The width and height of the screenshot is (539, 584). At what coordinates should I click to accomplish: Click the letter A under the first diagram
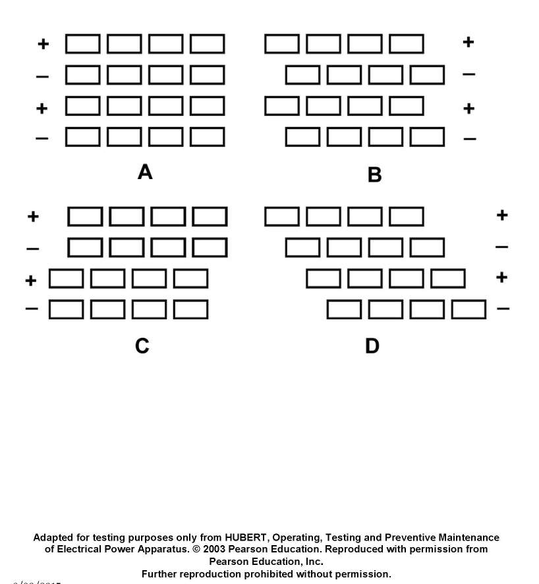click(x=145, y=173)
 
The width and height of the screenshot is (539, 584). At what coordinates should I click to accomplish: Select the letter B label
click(x=374, y=175)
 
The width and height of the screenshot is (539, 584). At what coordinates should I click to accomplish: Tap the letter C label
click(x=142, y=346)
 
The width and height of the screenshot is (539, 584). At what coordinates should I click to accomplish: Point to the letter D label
click(x=372, y=346)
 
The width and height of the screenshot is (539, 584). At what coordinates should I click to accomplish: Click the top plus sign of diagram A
click(x=43, y=44)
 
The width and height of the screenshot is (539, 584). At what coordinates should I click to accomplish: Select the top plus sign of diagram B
click(x=468, y=42)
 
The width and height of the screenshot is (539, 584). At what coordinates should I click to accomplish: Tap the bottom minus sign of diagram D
click(x=503, y=308)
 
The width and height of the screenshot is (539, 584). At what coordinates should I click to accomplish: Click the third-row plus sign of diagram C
click(x=31, y=281)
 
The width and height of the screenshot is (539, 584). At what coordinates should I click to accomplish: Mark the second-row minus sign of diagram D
click(x=501, y=248)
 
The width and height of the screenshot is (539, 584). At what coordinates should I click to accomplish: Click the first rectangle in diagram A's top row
click(x=83, y=44)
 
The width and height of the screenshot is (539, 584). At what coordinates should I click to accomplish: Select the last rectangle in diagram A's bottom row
click(x=208, y=137)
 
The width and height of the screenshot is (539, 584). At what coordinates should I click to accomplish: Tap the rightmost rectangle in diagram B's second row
click(x=427, y=75)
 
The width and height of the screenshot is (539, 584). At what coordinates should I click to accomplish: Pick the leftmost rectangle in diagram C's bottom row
click(x=66, y=309)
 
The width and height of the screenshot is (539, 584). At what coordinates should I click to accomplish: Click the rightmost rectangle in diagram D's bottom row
click(x=469, y=309)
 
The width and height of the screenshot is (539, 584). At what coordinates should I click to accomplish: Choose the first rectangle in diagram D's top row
click(x=281, y=217)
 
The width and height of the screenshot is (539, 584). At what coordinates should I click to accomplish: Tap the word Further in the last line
click(x=159, y=573)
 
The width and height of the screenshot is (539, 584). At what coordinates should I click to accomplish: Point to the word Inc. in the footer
click(x=312, y=562)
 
